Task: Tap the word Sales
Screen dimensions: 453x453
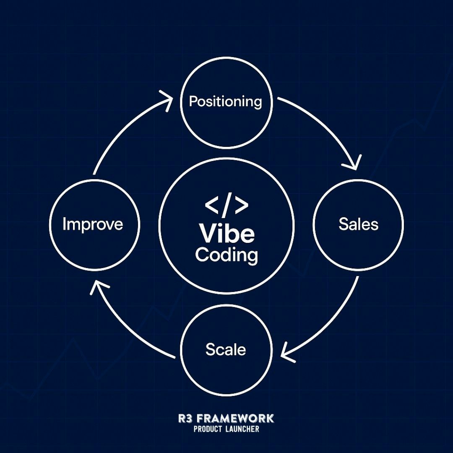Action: [358, 224]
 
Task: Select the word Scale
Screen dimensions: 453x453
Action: [226, 349]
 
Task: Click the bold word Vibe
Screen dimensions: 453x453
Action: [227, 233]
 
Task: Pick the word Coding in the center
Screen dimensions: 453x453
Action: [226, 255]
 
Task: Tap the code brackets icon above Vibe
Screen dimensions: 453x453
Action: [226, 206]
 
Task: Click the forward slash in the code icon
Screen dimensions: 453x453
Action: [226, 206]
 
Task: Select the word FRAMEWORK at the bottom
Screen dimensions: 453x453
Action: [235, 418]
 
